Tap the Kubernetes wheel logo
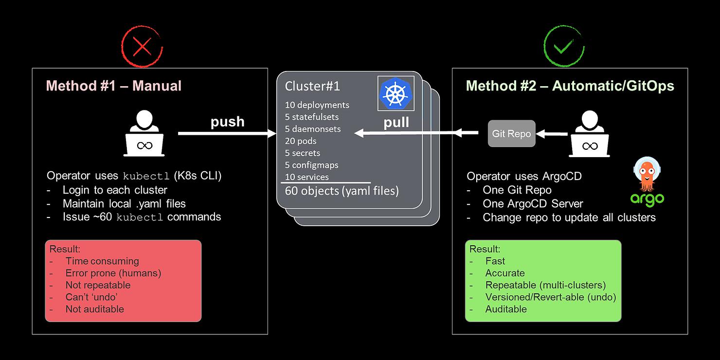(396, 93)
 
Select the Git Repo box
(511, 133)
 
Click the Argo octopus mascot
(647, 174)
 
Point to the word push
(227, 122)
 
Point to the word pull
(396, 123)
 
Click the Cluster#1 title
(312, 86)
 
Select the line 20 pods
(301, 141)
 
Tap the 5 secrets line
(303, 153)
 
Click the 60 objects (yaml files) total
(342, 191)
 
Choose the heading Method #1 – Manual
(114, 86)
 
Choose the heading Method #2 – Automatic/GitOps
(570, 86)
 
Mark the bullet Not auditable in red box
(94, 309)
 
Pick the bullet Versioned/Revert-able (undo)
(551, 297)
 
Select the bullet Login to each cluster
(115, 190)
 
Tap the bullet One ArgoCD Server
(533, 204)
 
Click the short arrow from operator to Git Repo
(552, 134)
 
